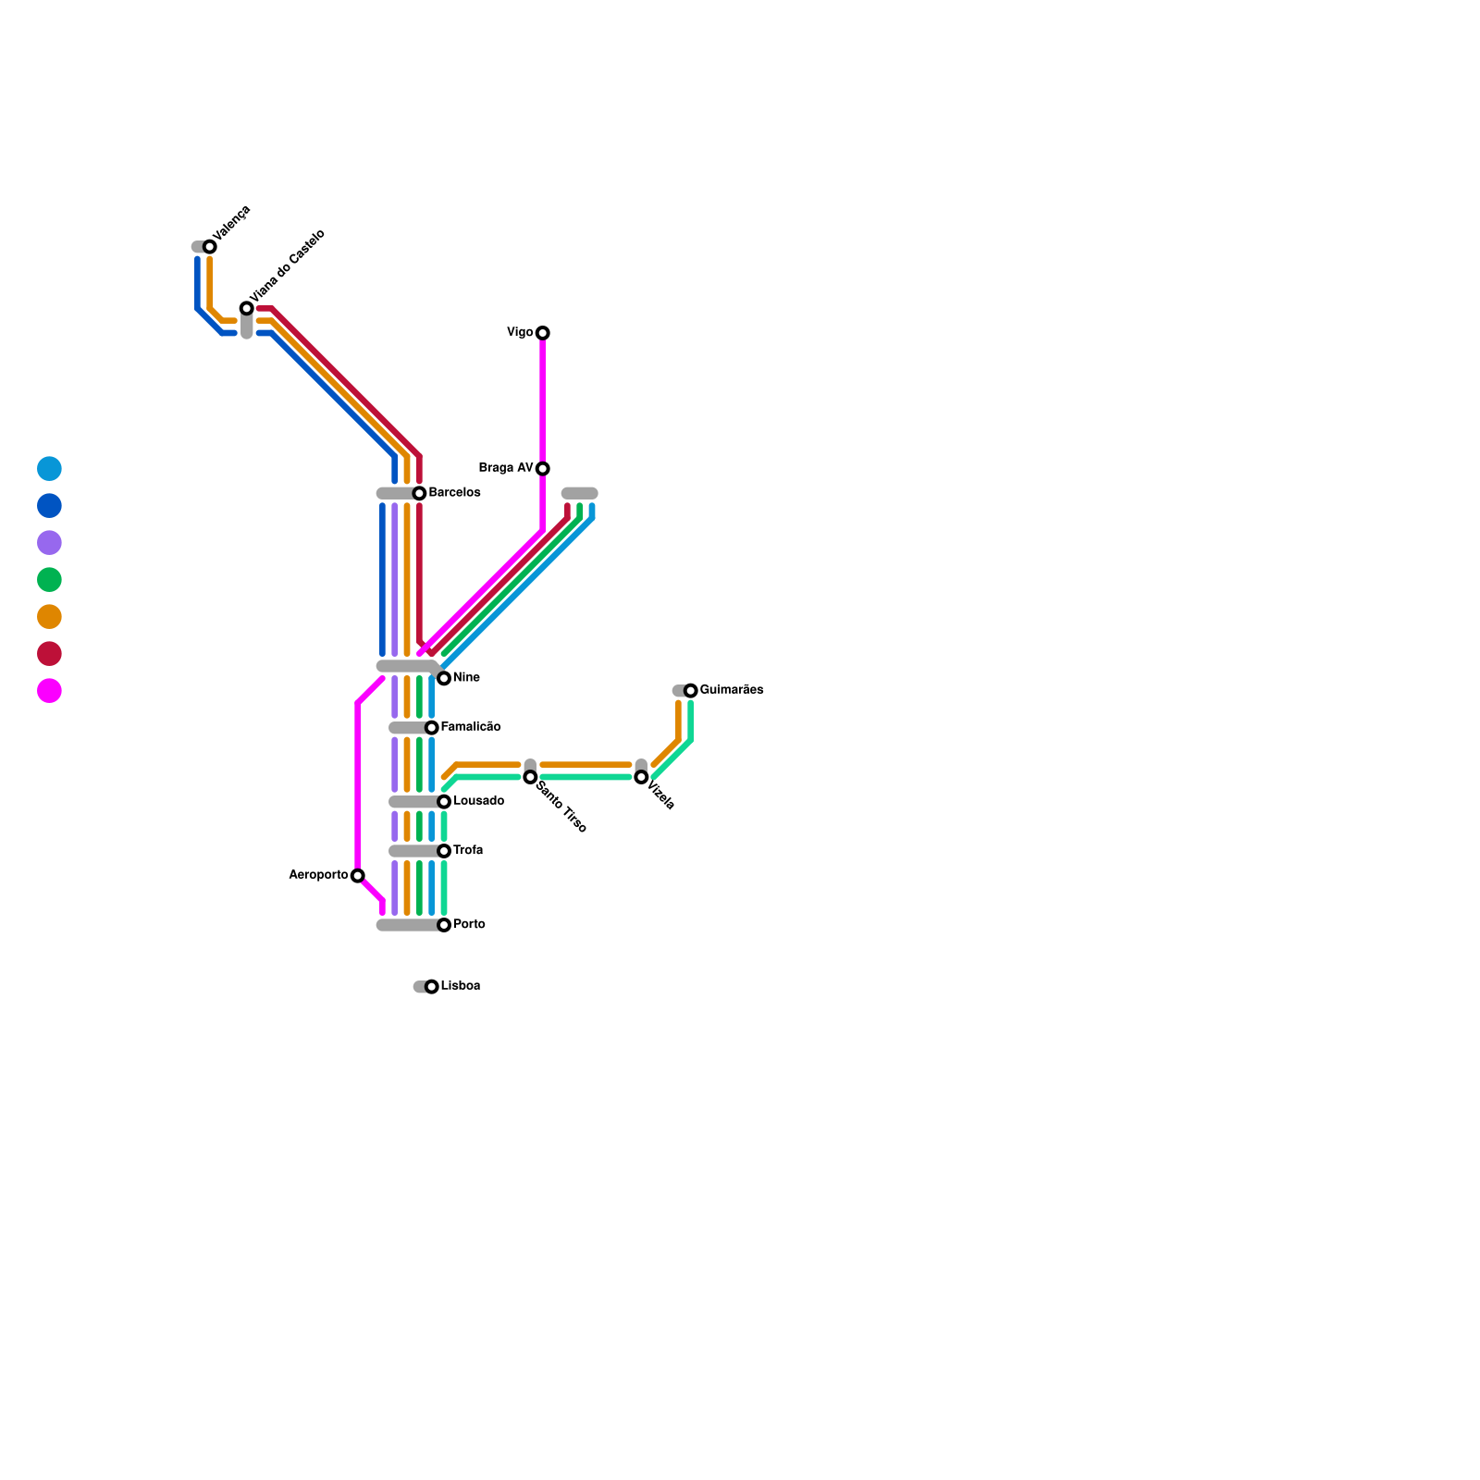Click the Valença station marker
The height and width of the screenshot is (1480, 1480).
click(210, 247)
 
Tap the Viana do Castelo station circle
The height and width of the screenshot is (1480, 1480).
click(247, 308)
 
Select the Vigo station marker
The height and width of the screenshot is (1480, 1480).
click(543, 333)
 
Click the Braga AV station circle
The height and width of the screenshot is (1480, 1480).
click(543, 469)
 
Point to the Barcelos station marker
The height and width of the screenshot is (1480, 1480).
click(419, 493)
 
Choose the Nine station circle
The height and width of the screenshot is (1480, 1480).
click(444, 678)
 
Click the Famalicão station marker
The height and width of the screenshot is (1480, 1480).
click(432, 728)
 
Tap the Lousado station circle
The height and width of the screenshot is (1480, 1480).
click(444, 802)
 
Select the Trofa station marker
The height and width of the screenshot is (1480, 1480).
click(444, 851)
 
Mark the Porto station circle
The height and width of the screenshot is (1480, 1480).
click(444, 925)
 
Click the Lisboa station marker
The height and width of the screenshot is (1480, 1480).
click(432, 987)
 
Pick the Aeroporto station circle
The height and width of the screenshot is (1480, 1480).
click(358, 876)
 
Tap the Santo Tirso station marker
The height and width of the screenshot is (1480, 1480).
click(530, 777)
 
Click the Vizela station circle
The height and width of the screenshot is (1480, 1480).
click(641, 777)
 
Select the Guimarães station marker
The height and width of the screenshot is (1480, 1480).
click(691, 691)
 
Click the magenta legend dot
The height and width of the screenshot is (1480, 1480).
click(49, 691)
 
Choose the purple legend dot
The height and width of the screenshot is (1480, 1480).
click(49, 543)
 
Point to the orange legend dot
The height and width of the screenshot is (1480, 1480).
click(49, 617)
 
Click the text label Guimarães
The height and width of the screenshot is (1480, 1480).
click(732, 690)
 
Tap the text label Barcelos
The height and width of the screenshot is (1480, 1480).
click(454, 493)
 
